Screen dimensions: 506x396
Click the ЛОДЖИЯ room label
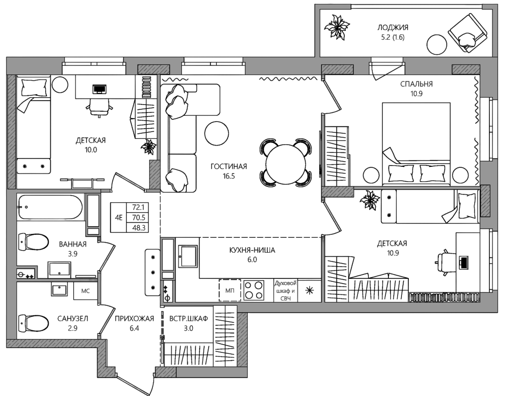click(x=393, y=27)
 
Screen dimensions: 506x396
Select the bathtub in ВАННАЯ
click(x=51, y=207)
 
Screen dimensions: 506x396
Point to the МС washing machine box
click(x=85, y=291)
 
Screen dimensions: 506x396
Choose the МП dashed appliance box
click(x=230, y=291)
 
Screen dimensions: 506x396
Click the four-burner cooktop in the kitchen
click(x=253, y=290)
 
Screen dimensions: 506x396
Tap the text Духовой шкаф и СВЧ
click(x=285, y=291)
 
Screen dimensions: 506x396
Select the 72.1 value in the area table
click(x=138, y=207)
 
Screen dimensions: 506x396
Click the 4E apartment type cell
click(x=118, y=217)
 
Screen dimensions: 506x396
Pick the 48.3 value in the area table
click(x=139, y=227)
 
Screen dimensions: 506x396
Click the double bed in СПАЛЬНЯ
click(x=416, y=144)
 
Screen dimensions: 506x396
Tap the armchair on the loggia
click(x=467, y=33)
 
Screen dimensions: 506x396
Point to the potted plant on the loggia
click(x=337, y=27)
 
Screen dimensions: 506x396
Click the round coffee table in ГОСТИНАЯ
click(x=216, y=133)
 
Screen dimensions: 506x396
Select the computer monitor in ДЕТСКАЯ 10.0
click(x=99, y=89)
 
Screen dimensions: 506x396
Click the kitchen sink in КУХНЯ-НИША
click(x=188, y=256)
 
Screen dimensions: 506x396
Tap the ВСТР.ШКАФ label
click(x=189, y=318)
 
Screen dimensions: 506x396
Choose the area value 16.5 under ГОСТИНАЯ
click(x=228, y=176)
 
